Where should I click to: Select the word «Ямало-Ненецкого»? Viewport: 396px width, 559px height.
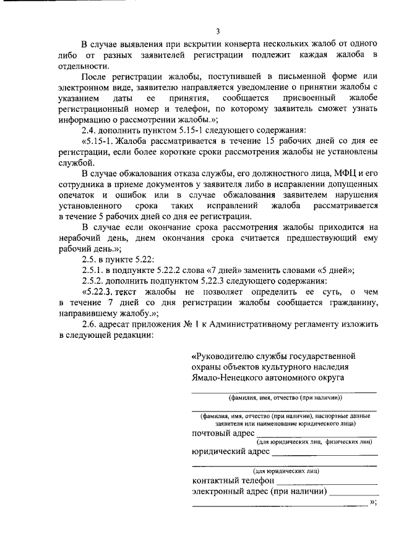point(224,378)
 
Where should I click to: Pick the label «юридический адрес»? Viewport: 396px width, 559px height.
point(230,452)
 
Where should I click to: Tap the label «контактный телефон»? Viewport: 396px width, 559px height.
point(233,481)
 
